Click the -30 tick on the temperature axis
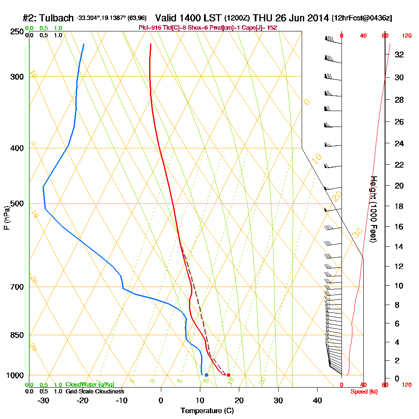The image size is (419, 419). click(x=44, y=400)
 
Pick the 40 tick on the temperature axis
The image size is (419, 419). click(x=318, y=400)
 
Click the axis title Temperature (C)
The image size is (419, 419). click(x=207, y=411)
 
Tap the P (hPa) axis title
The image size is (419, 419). click(x=6, y=217)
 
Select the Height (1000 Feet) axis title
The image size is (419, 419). click(x=373, y=209)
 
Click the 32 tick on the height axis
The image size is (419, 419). click(x=399, y=54)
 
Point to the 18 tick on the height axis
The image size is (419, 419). click(x=399, y=206)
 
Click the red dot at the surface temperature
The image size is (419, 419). click(x=228, y=375)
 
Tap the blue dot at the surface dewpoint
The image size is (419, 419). click(x=207, y=375)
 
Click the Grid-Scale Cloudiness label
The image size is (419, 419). click(x=95, y=391)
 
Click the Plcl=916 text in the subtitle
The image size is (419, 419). click(x=149, y=28)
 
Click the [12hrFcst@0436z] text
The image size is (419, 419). click(x=362, y=18)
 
